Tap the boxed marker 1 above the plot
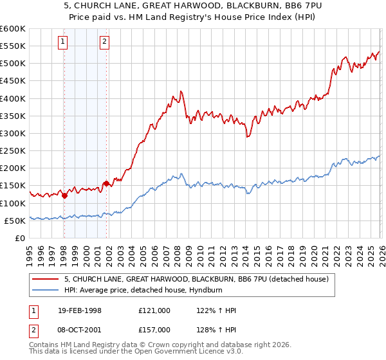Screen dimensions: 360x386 (x=64, y=42)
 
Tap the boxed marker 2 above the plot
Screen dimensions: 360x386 (x=104, y=42)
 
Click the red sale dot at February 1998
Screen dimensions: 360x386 (x=64, y=195)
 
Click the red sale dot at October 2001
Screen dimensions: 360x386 (x=105, y=183)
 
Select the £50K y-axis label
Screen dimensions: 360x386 (x=15, y=221)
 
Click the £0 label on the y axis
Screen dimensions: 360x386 (x=19, y=238)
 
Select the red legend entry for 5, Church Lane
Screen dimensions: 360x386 (x=196, y=279)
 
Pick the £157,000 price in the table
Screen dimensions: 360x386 (x=154, y=330)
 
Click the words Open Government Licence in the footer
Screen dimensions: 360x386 (x=191, y=352)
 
